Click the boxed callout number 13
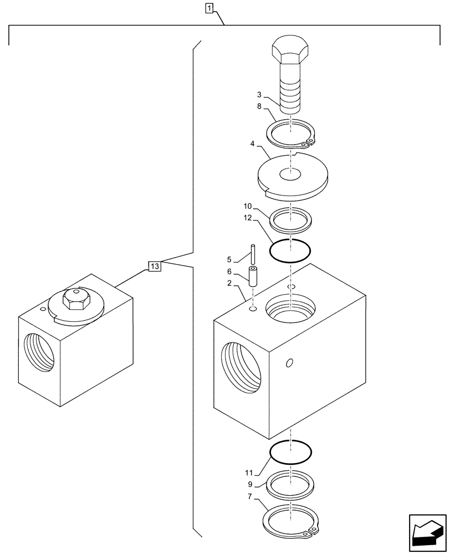[x=155, y=267]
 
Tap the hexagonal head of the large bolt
[x=290, y=50]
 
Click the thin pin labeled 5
[x=252, y=255]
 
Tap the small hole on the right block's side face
[x=289, y=363]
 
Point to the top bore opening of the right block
[x=290, y=307]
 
